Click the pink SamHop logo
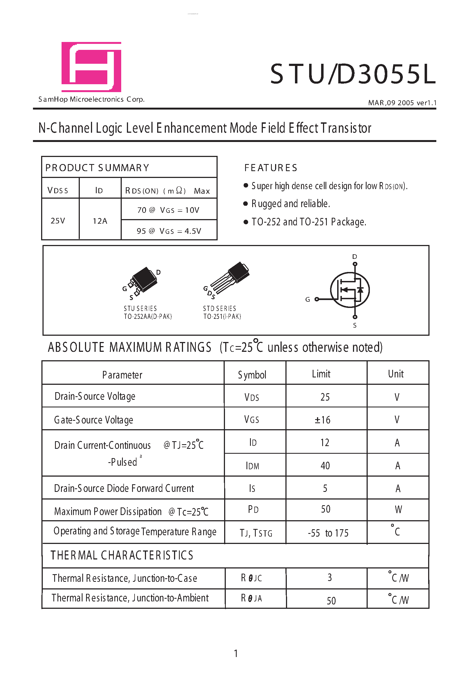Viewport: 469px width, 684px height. [91, 67]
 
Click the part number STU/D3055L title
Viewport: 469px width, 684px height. [352, 74]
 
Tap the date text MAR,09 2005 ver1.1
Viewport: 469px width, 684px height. [402, 103]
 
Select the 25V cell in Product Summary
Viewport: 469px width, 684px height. [58, 221]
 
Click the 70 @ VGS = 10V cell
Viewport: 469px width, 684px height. [169, 210]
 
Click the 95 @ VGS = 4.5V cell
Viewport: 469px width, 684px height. [169, 231]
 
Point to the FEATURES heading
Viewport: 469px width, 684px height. [271, 168]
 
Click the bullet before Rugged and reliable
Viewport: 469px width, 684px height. [246, 204]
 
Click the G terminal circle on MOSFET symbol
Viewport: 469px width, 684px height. [316, 299]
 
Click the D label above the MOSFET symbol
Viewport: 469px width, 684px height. [355, 257]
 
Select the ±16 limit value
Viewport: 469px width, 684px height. [323, 420]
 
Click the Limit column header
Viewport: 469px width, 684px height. [321, 374]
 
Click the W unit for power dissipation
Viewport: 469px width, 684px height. [398, 510]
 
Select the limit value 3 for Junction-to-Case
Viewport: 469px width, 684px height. [330, 577]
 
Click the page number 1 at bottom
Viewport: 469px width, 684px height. [236, 653]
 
